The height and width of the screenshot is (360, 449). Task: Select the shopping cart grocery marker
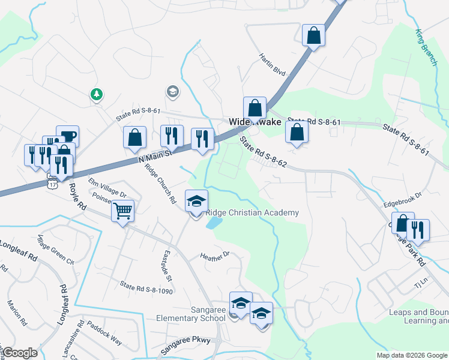[122, 211]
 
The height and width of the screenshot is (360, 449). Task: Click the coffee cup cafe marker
[67, 136]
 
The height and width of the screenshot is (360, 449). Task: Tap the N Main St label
[155, 156]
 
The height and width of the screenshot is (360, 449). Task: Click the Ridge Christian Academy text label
[252, 213]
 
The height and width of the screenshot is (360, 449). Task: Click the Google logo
[20, 353]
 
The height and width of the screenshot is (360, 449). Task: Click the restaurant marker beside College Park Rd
[418, 230]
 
